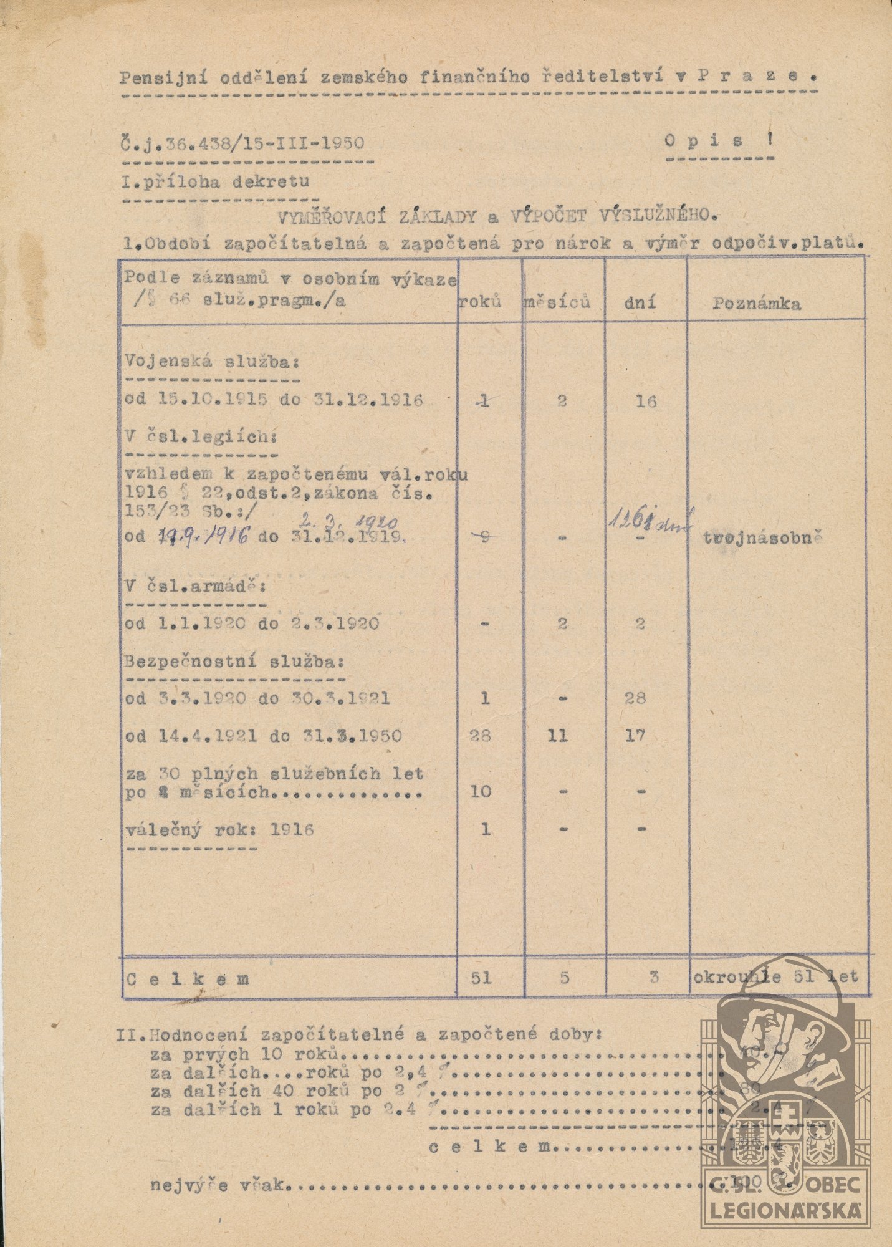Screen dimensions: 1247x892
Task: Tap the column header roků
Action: pyautogui.click(x=481, y=302)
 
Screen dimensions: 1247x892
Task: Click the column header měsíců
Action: pyautogui.click(x=556, y=303)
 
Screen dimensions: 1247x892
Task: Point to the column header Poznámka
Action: pyautogui.click(x=757, y=304)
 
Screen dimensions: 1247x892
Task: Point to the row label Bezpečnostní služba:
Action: pyautogui.click(x=234, y=661)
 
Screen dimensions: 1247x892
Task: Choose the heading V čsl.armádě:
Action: pyautogui.click(x=195, y=587)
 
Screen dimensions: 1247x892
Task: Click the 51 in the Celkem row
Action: pyautogui.click(x=482, y=978)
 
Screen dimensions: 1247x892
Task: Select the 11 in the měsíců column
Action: pyautogui.click(x=557, y=736)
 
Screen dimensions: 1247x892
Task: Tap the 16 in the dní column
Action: pyautogui.click(x=646, y=401)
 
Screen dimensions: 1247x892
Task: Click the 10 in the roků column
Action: pyautogui.click(x=481, y=792)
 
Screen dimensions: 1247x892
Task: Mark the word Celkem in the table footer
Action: pyautogui.click(x=188, y=979)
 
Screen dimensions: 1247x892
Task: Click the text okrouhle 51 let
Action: pyautogui.click(x=775, y=977)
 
